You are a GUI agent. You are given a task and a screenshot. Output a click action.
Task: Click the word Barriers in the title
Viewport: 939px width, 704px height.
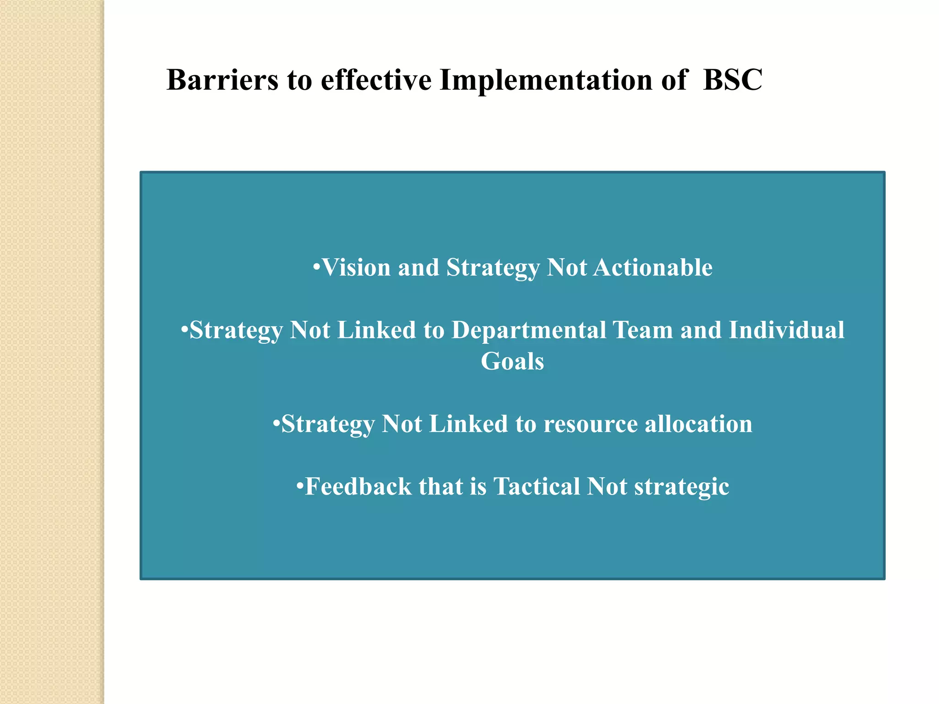[222, 80]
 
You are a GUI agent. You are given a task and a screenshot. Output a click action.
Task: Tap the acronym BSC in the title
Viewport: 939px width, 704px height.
[732, 80]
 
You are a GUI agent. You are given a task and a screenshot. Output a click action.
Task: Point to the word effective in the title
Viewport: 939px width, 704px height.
[376, 80]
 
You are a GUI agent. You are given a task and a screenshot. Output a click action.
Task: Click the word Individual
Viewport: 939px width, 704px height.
[786, 330]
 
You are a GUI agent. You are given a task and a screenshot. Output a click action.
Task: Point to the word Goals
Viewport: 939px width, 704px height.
[512, 362]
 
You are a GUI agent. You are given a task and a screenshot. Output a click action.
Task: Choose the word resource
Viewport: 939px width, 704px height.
[591, 424]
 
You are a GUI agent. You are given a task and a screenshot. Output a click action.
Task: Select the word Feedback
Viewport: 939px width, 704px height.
[358, 486]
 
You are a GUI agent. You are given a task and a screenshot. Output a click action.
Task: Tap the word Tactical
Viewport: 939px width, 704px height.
[536, 486]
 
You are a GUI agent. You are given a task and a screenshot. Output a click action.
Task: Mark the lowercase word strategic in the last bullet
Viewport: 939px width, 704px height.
[681, 487]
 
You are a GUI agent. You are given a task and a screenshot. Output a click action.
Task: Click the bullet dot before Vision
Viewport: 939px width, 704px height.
[316, 267]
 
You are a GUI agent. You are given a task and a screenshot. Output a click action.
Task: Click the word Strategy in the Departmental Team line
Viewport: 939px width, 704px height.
[236, 331]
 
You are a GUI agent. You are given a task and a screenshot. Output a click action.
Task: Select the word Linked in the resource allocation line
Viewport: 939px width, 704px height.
[468, 424]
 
